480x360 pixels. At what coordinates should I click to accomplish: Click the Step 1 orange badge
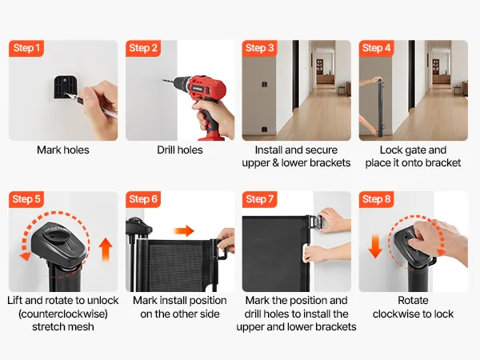pyautogui.click(x=26, y=48)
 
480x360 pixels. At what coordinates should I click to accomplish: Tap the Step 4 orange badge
pyautogui.click(x=376, y=48)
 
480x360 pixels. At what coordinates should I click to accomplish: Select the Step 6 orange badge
pyautogui.click(x=143, y=199)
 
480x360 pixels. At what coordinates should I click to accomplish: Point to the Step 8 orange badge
pyautogui.click(x=376, y=199)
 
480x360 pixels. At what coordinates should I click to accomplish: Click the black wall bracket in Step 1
pyautogui.click(x=65, y=87)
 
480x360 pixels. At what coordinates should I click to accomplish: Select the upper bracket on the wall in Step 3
pyautogui.click(x=265, y=84)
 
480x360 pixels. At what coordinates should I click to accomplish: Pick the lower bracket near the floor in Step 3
pyautogui.click(x=265, y=130)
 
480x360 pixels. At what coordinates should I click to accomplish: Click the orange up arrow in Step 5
pyautogui.click(x=106, y=249)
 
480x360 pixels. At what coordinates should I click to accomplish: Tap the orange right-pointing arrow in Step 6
pyautogui.click(x=184, y=230)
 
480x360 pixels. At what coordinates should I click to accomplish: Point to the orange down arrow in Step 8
pyautogui.click(x=375, y=246)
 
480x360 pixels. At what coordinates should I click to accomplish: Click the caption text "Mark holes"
pyautogui.click(x=63, y=150)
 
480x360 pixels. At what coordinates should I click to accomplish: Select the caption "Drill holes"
pyautogui.click(x=180, y=150)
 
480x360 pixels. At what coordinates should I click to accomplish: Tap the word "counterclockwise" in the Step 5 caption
pyautogui.click(x=63, y=314)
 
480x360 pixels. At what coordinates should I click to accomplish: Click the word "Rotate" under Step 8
pyautogui.click(x=413, y=300)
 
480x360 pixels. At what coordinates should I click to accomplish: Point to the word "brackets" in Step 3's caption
pyautogui.click(x=331, y=163)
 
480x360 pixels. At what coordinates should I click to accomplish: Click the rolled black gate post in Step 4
pyautogui.click(x=381, y=108)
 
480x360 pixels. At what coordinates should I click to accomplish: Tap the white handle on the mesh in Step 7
pyautogui.click(x=306, y=254)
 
